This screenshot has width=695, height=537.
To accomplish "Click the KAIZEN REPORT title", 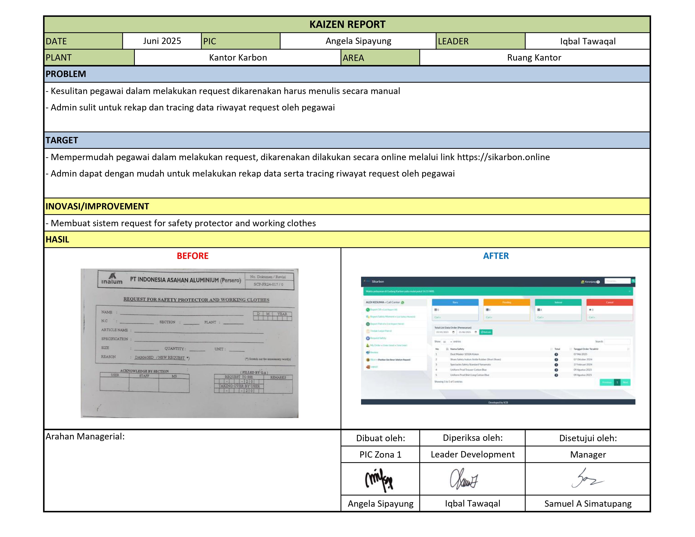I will (347, 25).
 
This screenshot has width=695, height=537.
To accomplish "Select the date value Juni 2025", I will (162, 41).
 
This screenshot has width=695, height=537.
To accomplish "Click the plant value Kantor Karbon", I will (238, 58).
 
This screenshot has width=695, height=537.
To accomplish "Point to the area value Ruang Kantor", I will (534, 58).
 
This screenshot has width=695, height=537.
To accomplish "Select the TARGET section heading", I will (62, 140).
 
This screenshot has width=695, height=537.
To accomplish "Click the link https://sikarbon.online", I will (503, 157).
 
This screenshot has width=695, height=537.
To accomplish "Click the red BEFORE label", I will (193, 256).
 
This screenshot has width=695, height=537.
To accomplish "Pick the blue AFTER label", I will (496, 256).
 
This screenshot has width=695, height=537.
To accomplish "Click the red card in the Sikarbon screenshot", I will (609, 310).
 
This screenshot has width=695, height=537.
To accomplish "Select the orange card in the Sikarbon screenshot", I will (507, 310).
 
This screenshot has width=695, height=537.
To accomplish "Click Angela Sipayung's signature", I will (379, 479).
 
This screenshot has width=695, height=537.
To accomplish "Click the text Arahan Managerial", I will (85, 436).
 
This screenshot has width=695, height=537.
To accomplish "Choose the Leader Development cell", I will (473, 455).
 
